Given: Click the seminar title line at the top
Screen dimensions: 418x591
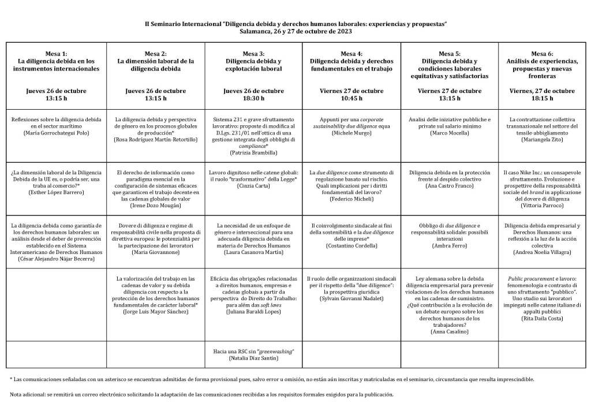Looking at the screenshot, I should pyautogui.click(x=295, y=24).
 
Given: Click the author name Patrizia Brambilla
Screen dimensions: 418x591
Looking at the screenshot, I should pyautogui.click(x=253, y=153).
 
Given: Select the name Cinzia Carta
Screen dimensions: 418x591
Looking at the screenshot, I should pyautogui.click(x=253, y=186).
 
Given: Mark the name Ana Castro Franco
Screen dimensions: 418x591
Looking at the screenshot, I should pyautogui.click(x=450, y=186).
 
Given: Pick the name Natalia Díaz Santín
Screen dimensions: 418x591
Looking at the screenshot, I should pyautogui.click(x=253, y=359).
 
